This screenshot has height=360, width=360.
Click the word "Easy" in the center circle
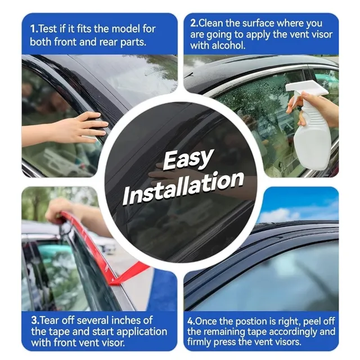187,159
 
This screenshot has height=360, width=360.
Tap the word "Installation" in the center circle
183,188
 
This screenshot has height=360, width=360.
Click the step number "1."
34,29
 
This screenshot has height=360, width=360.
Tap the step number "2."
194,23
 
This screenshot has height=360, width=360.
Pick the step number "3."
35,321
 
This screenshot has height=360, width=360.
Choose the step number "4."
191,321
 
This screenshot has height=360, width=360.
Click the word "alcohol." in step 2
228,45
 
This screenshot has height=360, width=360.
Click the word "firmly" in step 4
199,342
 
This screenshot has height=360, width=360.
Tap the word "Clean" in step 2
211,23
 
